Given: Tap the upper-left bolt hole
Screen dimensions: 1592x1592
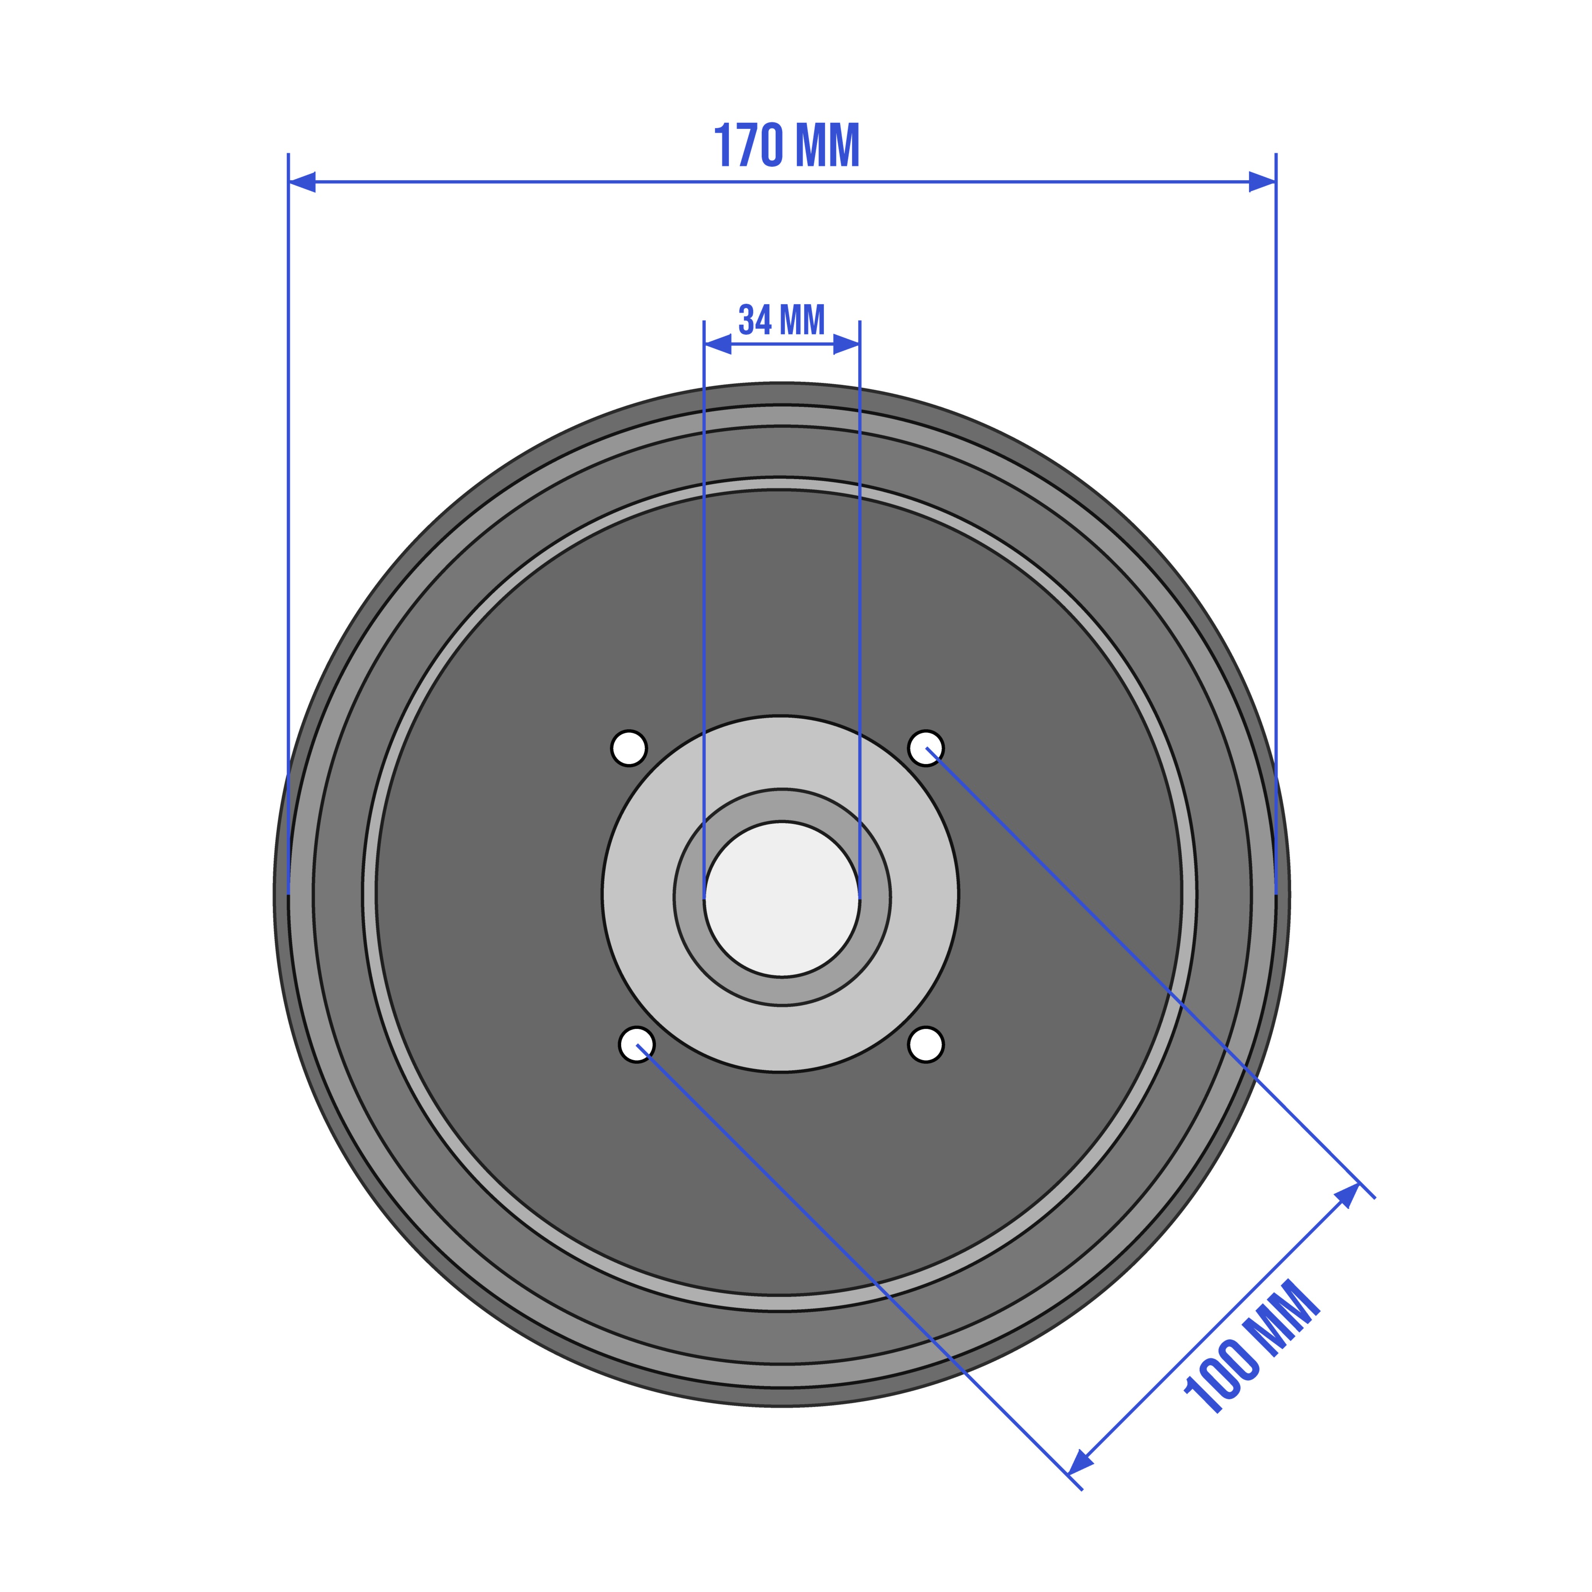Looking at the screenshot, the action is (629, 748).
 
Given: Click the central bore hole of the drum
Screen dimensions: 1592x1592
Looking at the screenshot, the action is (782, 899).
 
